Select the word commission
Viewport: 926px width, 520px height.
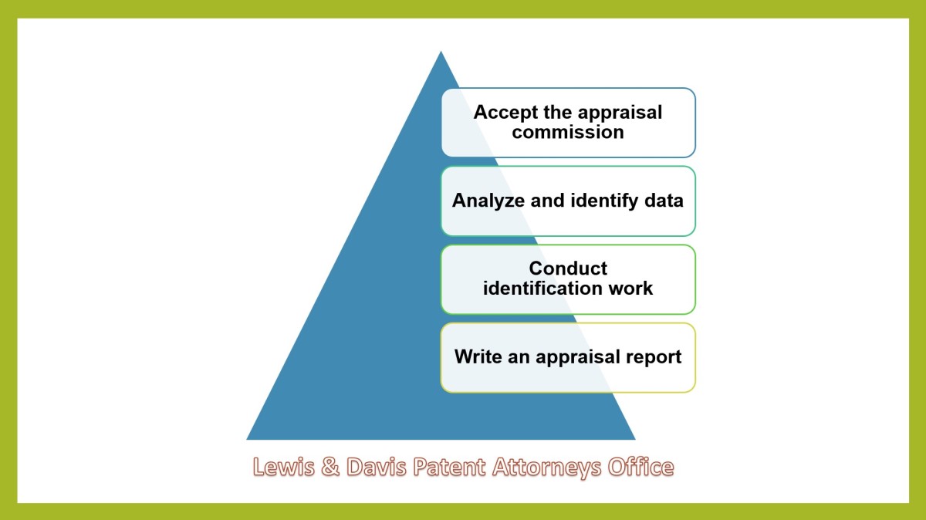pos(568,132)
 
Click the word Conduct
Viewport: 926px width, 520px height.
pos(568,268)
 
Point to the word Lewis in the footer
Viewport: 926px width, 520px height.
pos(284,467)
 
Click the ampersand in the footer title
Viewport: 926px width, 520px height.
pos(330,467)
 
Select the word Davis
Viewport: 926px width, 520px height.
pos(377,467)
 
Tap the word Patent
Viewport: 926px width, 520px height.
pos(449,467)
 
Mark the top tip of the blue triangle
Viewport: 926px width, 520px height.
pos(441,51)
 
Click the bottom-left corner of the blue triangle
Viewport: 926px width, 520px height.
pos(247,440)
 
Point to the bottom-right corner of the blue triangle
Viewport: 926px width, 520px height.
pos(635,440)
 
